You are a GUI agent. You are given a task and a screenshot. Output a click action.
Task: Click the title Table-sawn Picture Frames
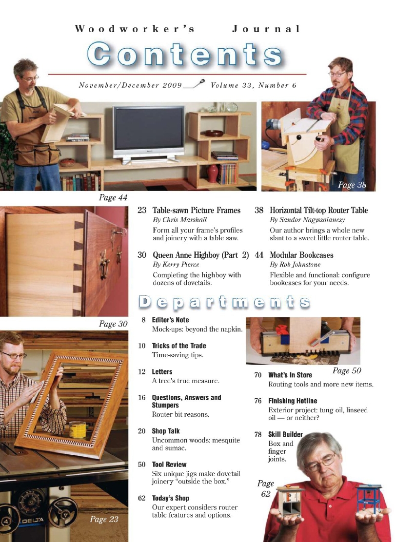197,211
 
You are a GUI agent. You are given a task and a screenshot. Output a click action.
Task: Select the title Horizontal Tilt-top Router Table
318,211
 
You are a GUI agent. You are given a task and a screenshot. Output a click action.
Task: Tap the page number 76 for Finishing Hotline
258,401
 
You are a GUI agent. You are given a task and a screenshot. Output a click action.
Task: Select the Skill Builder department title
285,434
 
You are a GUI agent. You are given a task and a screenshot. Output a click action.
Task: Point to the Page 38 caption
352,185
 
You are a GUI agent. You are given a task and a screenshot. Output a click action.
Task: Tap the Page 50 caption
347,370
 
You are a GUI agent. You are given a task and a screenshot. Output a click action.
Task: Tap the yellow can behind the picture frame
77,429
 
